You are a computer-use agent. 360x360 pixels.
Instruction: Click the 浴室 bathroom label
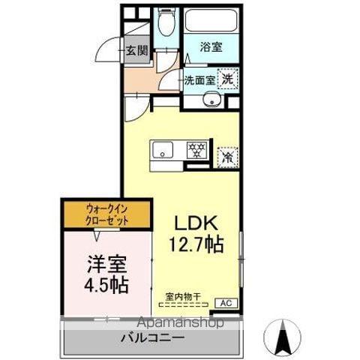click(x=211, y=46)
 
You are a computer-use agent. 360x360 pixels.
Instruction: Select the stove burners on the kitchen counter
click(x=198, y=149)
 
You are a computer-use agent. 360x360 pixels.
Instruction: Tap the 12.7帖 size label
click(x=196, y=244)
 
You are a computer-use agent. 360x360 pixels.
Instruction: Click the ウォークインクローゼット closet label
click(x=106, y=214)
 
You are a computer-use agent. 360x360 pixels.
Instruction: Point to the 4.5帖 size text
click(x=106, y=286)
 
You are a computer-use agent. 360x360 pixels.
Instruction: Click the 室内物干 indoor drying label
click(x=182, y=297)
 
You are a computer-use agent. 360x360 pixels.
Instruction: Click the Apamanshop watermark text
click(x=178, y=323)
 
